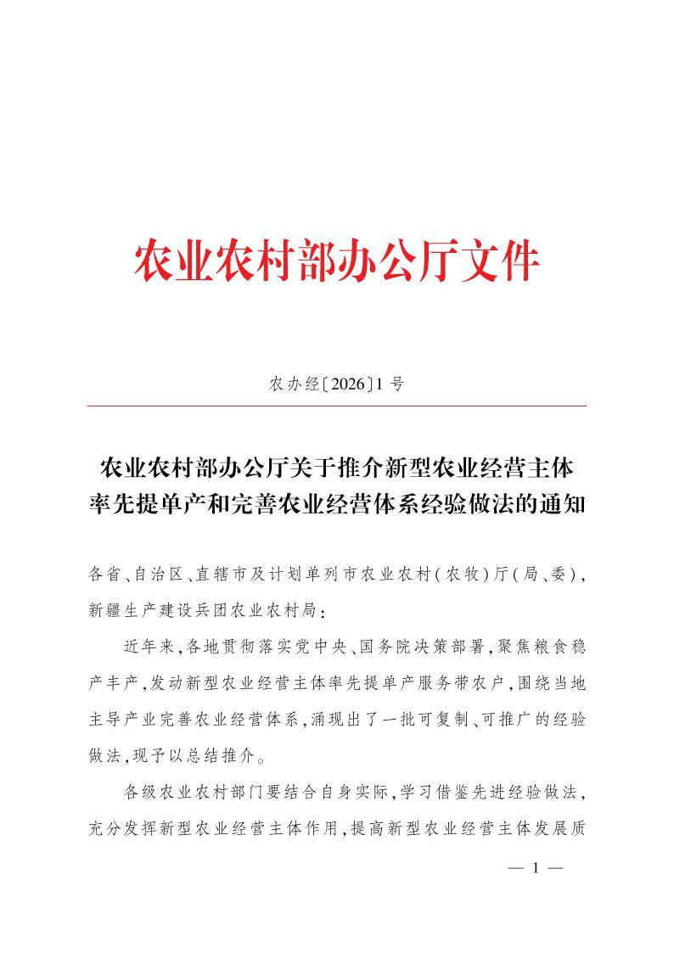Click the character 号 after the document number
point(397,384)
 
